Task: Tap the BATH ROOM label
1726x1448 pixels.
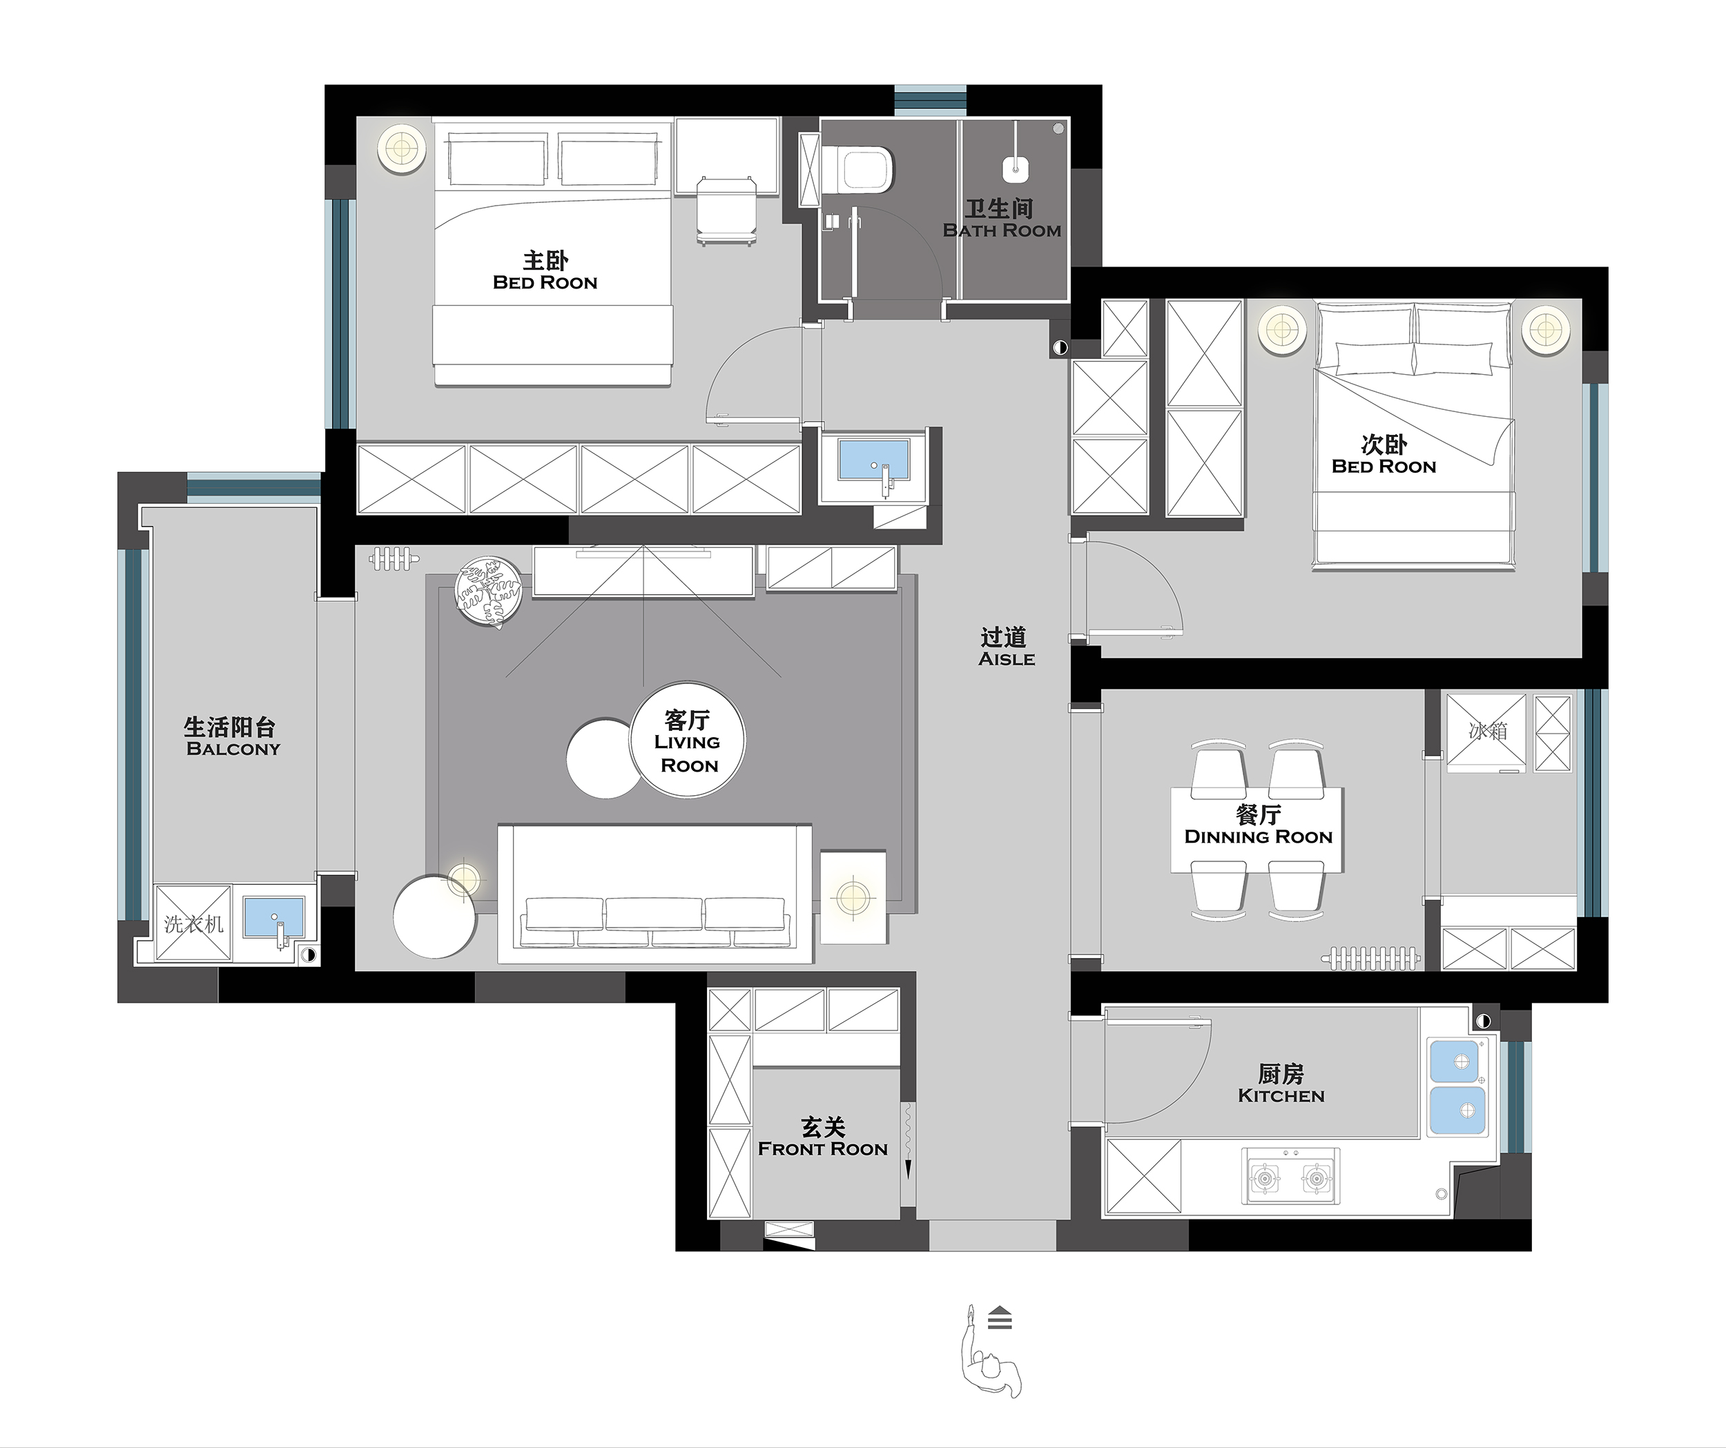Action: coord(1002,231)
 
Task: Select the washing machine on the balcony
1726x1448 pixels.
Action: coord(193,923)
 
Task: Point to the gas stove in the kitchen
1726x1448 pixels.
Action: coord(1291,1177)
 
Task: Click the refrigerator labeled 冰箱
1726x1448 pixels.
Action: coord(1486,733)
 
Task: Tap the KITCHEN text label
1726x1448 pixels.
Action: coord(1281,1096)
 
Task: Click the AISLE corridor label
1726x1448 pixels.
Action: coord(1007,659)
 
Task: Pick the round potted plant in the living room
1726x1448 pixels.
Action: coord(489,591)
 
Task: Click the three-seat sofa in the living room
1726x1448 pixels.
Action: coord(655,894)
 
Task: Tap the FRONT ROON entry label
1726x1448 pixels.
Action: coord(823,1149)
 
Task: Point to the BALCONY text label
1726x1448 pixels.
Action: coord(233,749)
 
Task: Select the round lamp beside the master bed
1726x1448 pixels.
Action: coord(402,150)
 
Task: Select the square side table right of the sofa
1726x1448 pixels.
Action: coord(854,897)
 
